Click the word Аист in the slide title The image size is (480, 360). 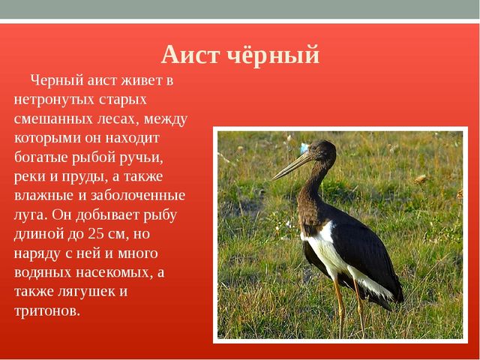tap(190, 55)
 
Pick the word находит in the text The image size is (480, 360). tap(132, 138)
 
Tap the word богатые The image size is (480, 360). tap(40, 157)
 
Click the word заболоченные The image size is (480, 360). tap(138, 196)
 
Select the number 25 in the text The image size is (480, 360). tap(95, 233)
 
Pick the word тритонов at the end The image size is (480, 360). tap(47, 311)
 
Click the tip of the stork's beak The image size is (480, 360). tap(273, 179)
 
